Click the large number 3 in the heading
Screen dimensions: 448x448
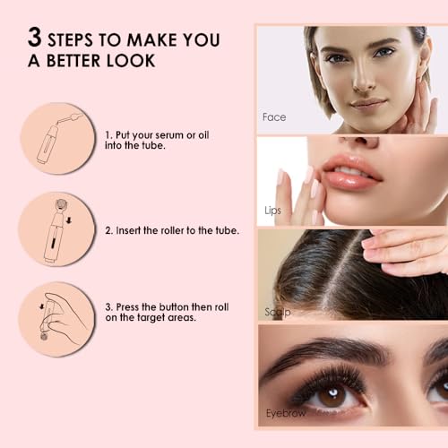click(x=35, y=39)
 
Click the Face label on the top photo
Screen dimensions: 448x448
click(x=273, y=117)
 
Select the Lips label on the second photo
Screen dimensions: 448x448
click(x=272, y=211)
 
